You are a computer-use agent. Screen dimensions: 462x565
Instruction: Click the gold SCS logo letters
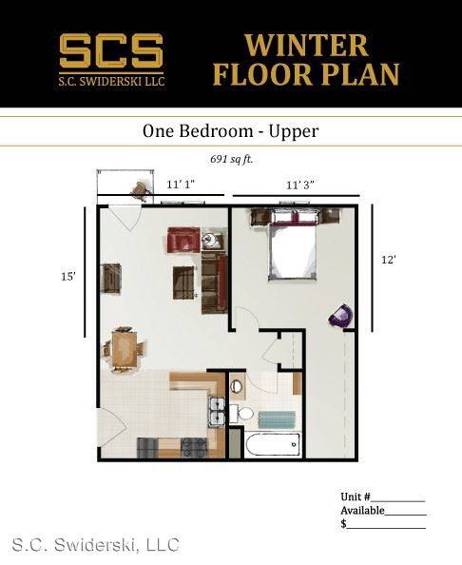click(x=111, y=50)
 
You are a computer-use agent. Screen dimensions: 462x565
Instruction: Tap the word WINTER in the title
click(x=306, y=46)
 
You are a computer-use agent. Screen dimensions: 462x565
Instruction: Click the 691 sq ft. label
click(x=232, y=159)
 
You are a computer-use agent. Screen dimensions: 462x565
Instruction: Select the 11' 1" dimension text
click(x=181, y=185)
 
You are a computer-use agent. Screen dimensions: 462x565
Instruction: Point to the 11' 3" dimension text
click(x=300, y=185)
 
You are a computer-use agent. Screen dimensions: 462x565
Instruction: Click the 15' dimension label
click(x=68, y=277)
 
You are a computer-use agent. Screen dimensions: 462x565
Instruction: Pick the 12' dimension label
click(x=389, y=260)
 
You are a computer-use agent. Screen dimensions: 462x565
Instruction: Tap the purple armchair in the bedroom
click(x=340, y=316)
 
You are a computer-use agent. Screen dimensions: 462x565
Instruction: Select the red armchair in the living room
click(x=183, y=240)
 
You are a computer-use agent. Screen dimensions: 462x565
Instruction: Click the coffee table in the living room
click(x=184, y=282)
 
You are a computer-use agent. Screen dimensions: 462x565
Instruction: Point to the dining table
click(x=125, y=348)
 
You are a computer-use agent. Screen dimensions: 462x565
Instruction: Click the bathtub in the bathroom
click(x=273, y=445)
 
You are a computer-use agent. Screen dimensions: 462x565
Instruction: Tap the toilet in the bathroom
click(x=241, y=414)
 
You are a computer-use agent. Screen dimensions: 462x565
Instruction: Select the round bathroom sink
click(x=238, y=385)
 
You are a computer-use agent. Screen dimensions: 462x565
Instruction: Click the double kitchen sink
click(x=217, y=412)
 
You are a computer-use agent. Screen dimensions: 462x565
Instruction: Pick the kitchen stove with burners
click(x=194, y=448)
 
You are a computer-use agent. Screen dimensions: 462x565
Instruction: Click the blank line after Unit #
click(x=398, y=501)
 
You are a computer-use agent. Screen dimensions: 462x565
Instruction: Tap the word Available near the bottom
click(x=362, y=511)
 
